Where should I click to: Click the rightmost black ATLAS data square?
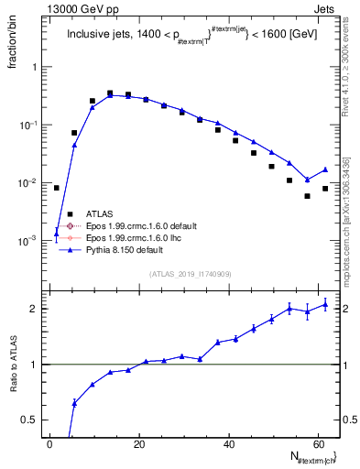(x=325, y=189)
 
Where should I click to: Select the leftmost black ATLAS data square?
(x=56, y=188)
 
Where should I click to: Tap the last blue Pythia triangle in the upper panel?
(x=325, y=169)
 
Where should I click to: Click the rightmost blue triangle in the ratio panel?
(x=325, y=305)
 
